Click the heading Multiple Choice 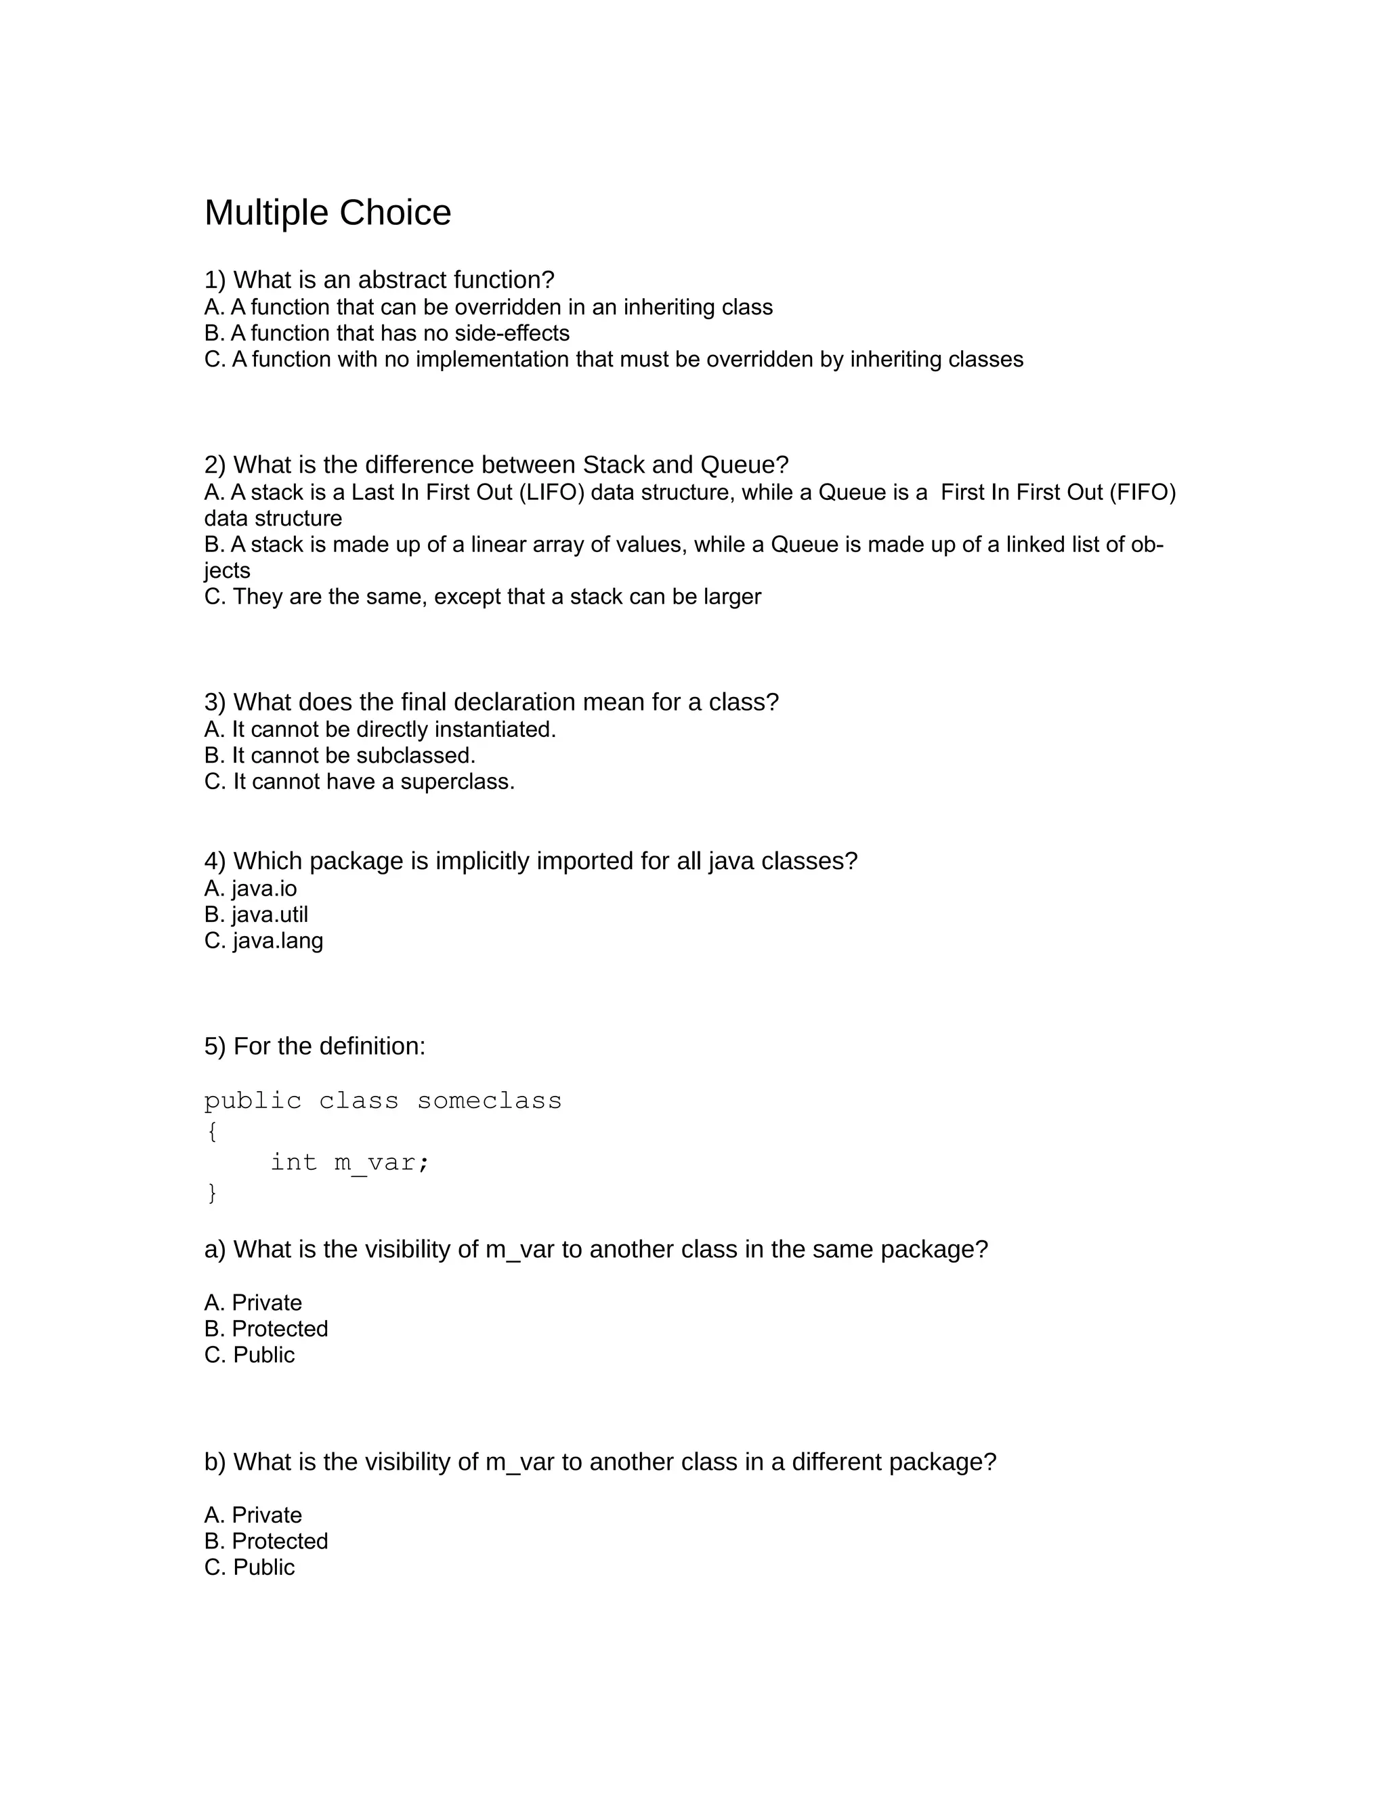327,213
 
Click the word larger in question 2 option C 733,597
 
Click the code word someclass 489,1101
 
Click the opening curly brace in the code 212,1132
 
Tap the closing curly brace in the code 212,1193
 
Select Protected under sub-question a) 280,1329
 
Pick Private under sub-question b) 266,1515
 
